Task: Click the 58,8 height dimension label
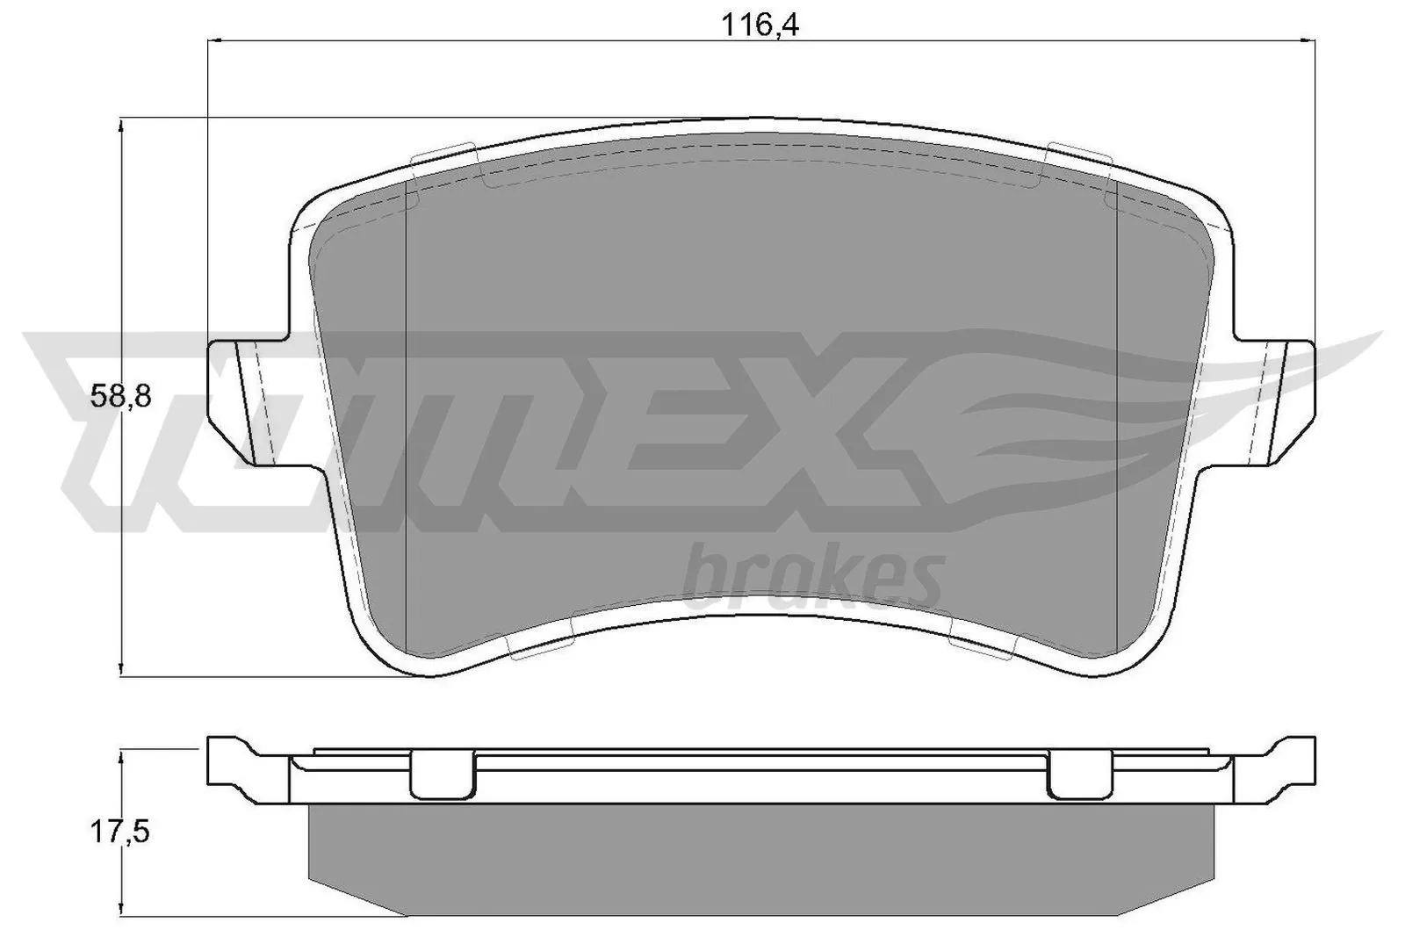121,397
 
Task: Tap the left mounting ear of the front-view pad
241,402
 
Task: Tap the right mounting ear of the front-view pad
1284,402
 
